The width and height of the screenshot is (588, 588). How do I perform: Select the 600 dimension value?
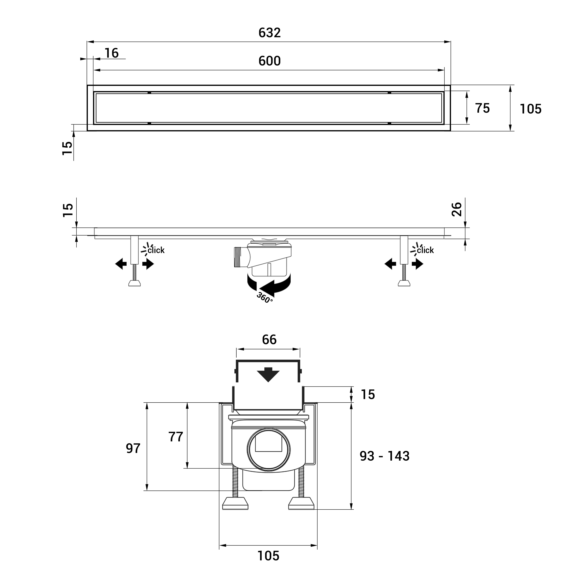pyautogui.click(x=269, y=61)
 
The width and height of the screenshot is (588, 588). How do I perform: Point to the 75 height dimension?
pyautogui.click(x=482, y=108)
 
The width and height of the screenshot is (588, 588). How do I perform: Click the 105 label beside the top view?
pyautogui.click(x=531, y=109)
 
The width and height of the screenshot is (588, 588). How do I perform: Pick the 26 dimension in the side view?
pyautogui.click(x=456, y=209)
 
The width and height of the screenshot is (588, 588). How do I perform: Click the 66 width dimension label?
pyautogui.click(x=269, y=340)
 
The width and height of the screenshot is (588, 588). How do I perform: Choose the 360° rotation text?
pyautogui.click(x=264, y=297)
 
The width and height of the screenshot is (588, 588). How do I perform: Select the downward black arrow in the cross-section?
pyautogui.click(x=268, y=375)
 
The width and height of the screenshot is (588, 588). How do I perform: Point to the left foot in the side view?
pyautogui.click(x=134, y=283)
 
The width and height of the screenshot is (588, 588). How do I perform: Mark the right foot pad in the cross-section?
pyautogui.click(x=301, y=503)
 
